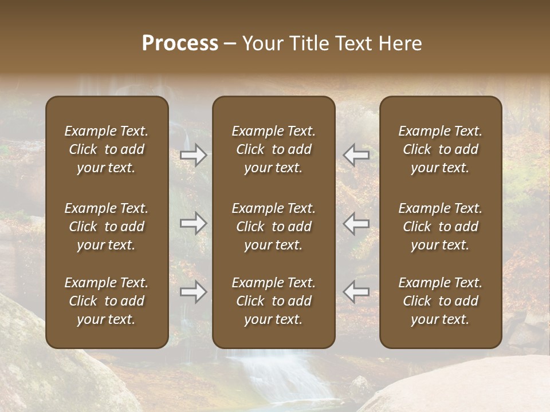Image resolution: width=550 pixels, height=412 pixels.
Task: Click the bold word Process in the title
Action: click(x=180, y=43)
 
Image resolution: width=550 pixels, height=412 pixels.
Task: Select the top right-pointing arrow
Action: click(x=194, y=155)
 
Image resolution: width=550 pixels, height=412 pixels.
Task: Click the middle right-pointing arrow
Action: click(x=194, y=223)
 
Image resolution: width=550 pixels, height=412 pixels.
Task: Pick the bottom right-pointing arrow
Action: click(x=194, y=292)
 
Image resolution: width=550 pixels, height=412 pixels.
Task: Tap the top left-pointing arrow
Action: click(x=356, y=155)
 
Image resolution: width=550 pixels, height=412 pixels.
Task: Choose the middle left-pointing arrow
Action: click(x=356, y=223)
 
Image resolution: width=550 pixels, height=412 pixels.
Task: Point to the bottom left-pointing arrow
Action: click(x=356, y=292)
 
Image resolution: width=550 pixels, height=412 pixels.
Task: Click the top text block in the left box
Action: click(x=107, y=149)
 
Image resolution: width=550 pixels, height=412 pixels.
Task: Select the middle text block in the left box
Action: click(x=107, y=227)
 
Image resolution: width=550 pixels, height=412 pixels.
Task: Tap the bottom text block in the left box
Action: click(x=107, y=301)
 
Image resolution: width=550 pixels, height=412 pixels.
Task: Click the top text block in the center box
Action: click(x=274, y=149)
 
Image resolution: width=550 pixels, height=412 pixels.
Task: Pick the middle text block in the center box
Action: click(x=274, y=227)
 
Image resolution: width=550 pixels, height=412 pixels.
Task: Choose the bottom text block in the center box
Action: click(x=274, y=301)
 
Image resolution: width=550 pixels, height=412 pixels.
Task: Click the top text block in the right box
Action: click(x=441, y=149)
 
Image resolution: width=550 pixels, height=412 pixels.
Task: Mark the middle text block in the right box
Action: click(x=441, y=227)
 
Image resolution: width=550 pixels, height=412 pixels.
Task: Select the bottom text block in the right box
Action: click(x=441, y=301)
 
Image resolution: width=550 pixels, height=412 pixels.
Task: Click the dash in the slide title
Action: click(x=230, y=44)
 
